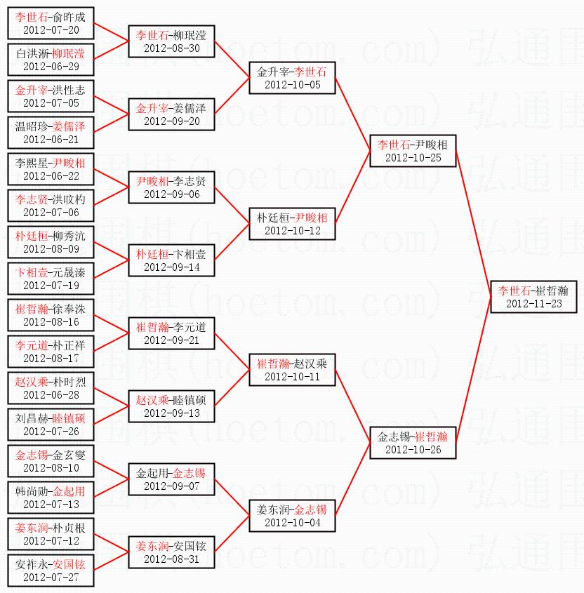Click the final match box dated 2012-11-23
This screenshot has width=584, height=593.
click(x=533, y=297)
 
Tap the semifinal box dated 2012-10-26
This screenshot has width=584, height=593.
click(x=413, y=443)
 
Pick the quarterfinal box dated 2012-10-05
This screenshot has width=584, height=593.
click(x=292, y=78)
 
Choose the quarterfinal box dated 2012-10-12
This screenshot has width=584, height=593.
click(x=292, y=224)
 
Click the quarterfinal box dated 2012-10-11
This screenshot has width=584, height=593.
click(x=292, y=370)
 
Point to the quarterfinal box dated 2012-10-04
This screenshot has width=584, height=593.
click(x=292, y=516)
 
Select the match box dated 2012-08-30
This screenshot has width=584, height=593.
click(x=171, y=41)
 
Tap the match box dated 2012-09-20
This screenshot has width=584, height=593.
click(x=171, y=114)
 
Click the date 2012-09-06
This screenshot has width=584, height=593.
click(x=171, y=194)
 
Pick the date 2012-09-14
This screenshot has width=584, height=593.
click(x=171, y=267)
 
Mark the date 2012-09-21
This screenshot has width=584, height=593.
click(x=171, y=340)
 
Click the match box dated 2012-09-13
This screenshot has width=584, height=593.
click(x=171, y=406)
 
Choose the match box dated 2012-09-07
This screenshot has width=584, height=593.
click(x=171, y=479)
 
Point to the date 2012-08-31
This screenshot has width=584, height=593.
click(x=171, y=559)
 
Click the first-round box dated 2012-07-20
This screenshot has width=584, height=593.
click(x=51, y=23)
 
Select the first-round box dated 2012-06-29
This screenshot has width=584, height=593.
click(x=51, y=60)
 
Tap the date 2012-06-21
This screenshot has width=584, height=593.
click(x=51, y=140)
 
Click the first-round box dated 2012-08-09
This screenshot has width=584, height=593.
click(x=51, y=242)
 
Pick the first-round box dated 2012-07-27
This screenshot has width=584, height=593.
click(x=51, y=571)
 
